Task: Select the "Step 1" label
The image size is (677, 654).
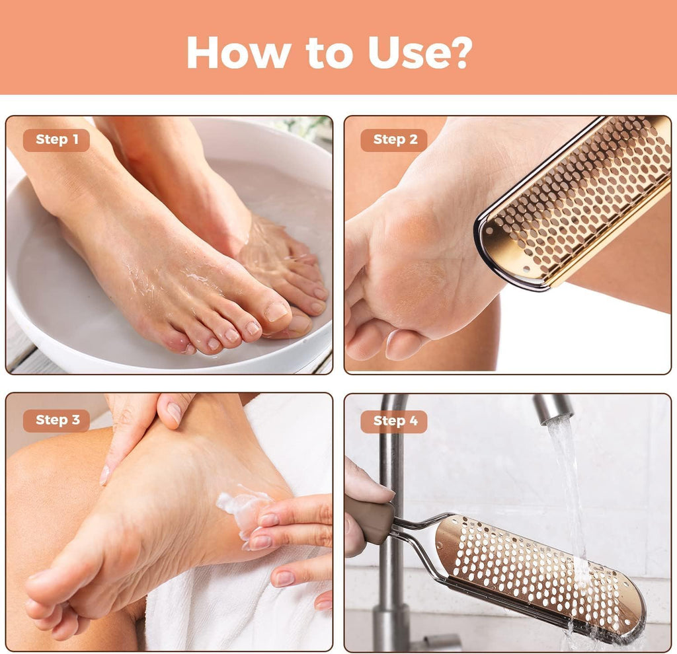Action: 57,140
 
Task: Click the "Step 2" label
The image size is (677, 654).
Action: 394,140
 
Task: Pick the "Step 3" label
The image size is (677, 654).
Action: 57,420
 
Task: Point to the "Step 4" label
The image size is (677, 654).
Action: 394,421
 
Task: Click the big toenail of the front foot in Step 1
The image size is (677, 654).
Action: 276,311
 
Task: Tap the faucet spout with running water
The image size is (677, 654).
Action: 553,408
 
